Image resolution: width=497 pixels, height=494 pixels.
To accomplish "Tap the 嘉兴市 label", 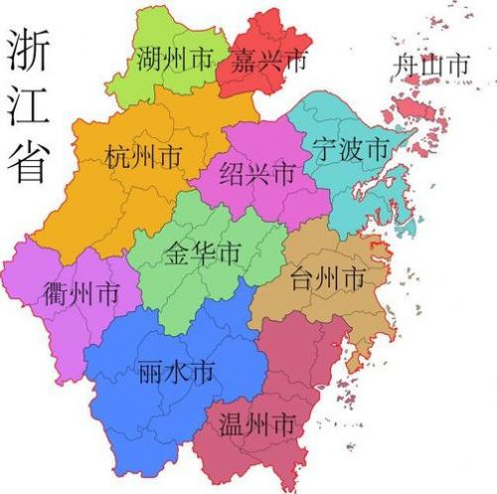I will (x=268, y=61).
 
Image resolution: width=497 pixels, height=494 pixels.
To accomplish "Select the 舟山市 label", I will (x=429, y=68).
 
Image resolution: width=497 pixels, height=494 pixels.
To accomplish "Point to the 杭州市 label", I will (x=143, y=156).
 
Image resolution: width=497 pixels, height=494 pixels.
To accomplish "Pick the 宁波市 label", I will (x=349, y=150).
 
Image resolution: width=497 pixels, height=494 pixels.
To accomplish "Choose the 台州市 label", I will (x=327, y=279).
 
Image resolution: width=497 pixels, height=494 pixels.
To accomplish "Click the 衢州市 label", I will (x=82, y=293).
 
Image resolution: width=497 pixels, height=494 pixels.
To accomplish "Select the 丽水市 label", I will (x=173, y=373).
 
